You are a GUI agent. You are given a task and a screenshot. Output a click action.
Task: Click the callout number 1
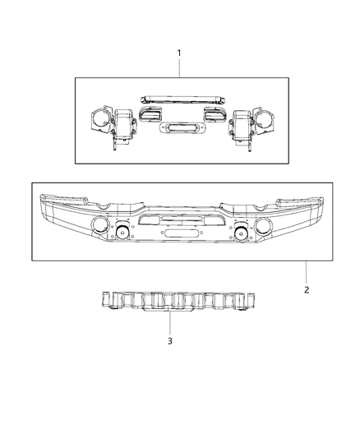[x=179, y=53]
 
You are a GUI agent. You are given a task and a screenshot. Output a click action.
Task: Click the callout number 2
[x=306, y=289]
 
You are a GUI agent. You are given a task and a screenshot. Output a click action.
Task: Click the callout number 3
[x=169, y=340]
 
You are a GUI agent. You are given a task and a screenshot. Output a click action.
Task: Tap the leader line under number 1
[x=179, y=68]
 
